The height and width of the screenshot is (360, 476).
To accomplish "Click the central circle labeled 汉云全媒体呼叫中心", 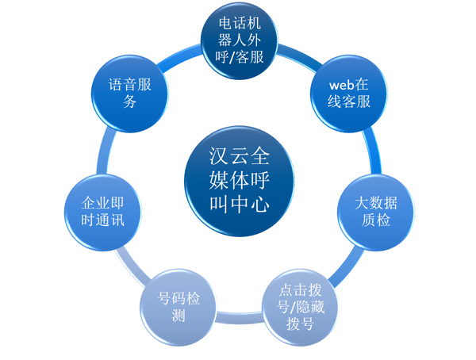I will (239, 180).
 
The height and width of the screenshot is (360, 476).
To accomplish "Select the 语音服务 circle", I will (125, 93).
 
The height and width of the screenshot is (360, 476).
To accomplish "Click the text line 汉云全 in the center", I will (239, 154).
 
